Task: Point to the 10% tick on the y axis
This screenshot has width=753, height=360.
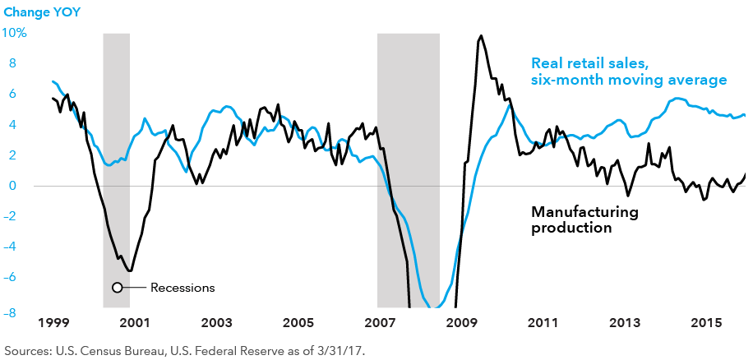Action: point(16,33)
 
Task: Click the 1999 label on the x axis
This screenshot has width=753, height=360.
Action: point(52,322)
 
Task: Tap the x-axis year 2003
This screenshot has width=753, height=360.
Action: point(216,322)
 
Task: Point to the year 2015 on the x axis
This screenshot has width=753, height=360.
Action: point(707,322)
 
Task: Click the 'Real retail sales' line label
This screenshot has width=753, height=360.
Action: point(629,72)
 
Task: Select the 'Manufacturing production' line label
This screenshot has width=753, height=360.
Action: point(584,219)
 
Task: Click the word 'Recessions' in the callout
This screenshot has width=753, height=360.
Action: point(182,288)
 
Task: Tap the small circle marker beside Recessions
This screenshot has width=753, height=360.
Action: point(117,288)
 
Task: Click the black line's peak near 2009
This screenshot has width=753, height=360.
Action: point(481,35)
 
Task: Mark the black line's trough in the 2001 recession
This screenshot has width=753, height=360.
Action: point(130,270)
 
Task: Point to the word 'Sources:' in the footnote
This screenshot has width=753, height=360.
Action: point(29,349)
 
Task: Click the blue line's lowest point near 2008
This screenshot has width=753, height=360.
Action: point(437,309)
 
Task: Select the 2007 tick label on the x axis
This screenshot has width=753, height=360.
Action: point(380,322)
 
